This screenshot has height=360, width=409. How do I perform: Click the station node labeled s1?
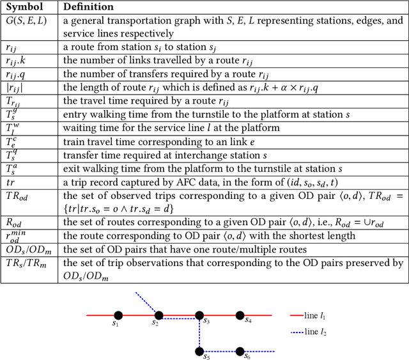pyautogui.click(x=118, y=315)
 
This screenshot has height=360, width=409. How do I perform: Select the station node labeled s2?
pyautogui.click(x=158, y=315)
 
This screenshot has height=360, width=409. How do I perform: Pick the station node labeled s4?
pyautogui.click(x=240, y=315)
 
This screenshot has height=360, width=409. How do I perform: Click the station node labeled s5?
pyautogui.click(x=199, y=351)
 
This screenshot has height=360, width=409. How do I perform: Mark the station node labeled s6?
pyautogui.click(x=240, y=351)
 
